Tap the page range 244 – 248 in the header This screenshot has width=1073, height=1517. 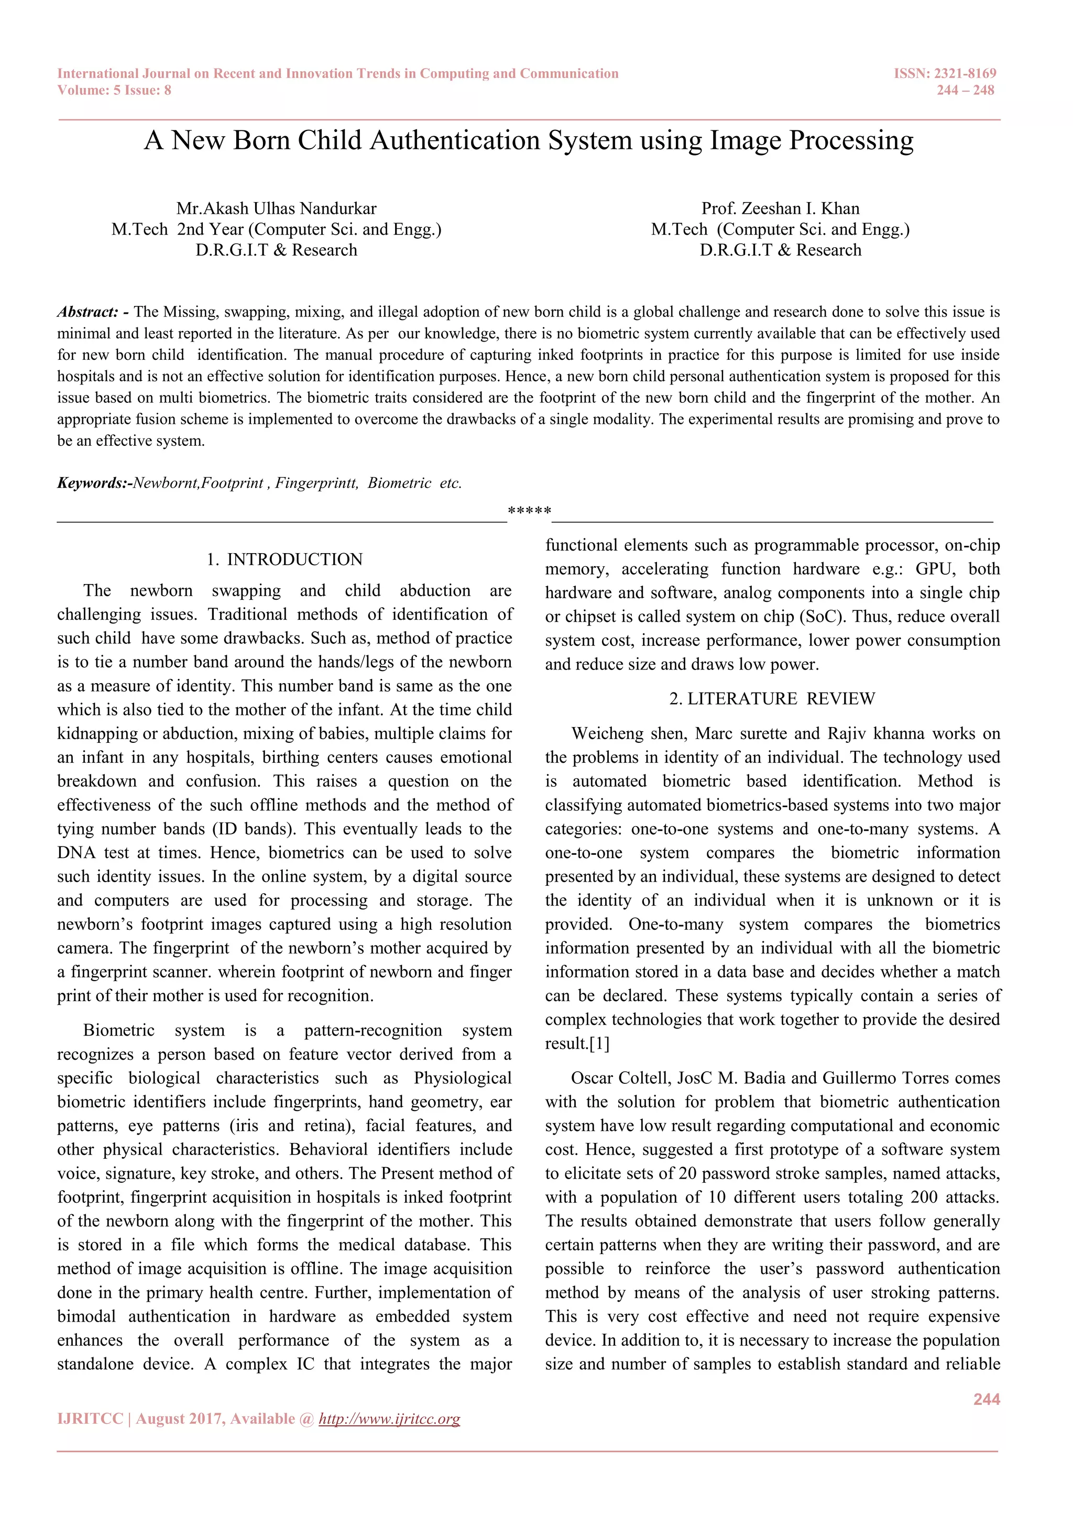(x=965, y=91)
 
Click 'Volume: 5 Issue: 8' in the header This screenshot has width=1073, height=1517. (x=114, y=91)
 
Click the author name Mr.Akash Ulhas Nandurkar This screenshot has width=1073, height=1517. (x=276, y=209)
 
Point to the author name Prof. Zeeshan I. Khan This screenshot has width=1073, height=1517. (x=780, y=209)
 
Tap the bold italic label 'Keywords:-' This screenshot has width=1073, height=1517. (x=94, y=483)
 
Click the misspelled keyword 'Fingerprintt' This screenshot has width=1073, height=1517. (x=316, y=483)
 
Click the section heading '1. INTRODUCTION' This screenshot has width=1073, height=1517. (x=285, y=559)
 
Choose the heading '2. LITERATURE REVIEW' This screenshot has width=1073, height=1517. (x=772, y=699)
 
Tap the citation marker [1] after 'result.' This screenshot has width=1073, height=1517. (x=599, y=1044)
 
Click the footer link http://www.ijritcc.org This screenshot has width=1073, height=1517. (x=389, y=1419)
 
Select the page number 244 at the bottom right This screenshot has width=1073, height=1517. (x=987, y=1399)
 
